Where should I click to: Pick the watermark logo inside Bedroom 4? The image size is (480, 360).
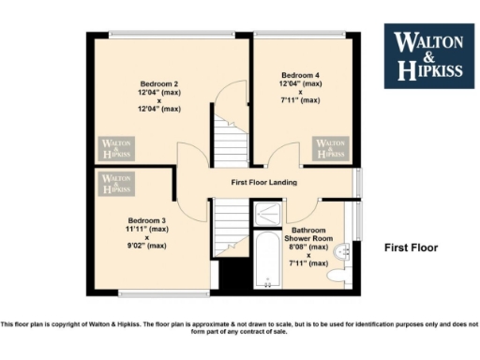pyautogui.click(x=331, y=148)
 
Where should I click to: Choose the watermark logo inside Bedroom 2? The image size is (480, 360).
pyautogui.click(x=117, y=148)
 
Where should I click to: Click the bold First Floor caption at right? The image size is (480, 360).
pyautogui.click(x=412, y=248)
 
